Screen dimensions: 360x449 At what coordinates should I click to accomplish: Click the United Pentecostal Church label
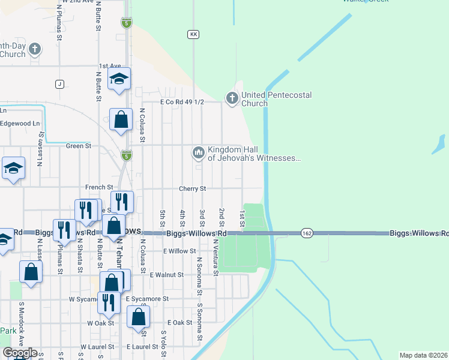click(x=255, y=99)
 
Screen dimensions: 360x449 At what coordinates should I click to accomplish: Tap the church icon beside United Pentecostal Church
click(x=232, y=97)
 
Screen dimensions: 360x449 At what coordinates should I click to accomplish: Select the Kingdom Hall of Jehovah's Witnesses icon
click(x=199, y=153)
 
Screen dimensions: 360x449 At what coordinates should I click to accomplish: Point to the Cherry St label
click(x=192, y=188)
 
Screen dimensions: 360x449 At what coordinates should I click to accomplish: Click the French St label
click(x=98, y=187)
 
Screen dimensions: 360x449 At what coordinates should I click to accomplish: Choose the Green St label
click(x=78, y=145)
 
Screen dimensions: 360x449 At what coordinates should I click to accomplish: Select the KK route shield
click(x=193, y=35)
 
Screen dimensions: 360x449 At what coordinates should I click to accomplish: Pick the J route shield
click(x=59, y=84)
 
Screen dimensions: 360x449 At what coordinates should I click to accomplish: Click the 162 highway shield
click(x=307, y=233)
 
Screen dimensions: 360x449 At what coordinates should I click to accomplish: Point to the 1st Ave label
click(x=110, y=66)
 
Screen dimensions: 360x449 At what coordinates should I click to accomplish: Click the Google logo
click(x=20, y=353)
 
